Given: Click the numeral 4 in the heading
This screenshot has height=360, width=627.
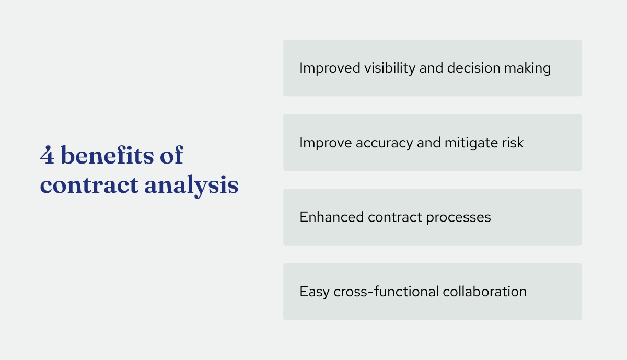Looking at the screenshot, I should coord(47,156).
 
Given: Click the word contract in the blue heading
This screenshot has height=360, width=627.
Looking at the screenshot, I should coord(88,185).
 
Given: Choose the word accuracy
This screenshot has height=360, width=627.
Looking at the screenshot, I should coord(382,143).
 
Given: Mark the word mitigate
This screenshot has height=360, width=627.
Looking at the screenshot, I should coord(466,143).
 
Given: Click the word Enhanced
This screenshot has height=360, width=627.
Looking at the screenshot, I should coord(331,217).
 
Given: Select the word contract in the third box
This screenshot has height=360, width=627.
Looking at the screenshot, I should coord(393,217).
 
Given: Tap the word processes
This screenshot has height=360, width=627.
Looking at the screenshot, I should coord(457,217).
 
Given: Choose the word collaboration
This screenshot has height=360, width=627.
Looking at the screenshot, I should coord(485,292).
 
